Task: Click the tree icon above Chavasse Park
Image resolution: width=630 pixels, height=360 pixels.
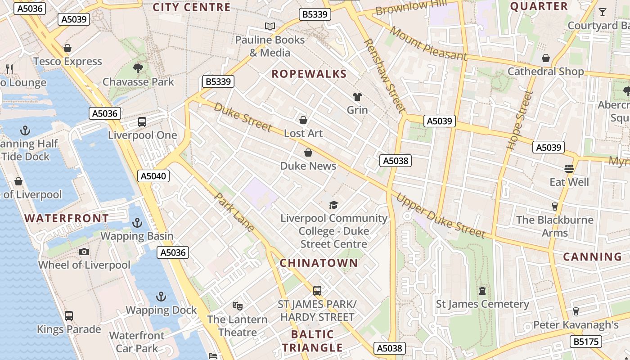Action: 138,68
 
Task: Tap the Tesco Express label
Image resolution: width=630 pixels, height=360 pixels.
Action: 67,61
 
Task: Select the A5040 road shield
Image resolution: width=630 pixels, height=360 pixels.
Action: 153,176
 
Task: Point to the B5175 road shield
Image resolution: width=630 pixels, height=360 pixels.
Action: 586,342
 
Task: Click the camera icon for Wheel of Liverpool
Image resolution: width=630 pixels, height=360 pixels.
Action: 84,252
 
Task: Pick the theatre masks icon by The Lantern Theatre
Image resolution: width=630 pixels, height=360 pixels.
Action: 238,306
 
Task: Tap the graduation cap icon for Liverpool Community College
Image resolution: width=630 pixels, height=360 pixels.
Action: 333,205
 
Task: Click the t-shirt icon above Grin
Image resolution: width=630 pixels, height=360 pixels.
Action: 357,96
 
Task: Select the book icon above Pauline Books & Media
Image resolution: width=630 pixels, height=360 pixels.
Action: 270,27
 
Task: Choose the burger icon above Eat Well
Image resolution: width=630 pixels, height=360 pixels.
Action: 569,169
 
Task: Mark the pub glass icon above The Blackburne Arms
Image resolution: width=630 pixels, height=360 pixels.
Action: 554,207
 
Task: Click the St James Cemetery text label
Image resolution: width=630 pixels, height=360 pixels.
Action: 482,304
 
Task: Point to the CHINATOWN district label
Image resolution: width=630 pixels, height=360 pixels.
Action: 319,263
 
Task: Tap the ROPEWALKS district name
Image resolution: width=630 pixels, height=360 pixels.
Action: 309,74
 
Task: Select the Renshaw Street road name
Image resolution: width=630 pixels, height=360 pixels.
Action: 384,75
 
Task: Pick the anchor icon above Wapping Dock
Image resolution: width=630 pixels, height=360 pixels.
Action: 161,297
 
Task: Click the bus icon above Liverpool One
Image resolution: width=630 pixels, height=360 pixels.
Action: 142,122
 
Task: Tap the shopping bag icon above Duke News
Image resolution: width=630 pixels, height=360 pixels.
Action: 308,153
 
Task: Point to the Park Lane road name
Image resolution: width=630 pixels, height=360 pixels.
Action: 234,212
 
